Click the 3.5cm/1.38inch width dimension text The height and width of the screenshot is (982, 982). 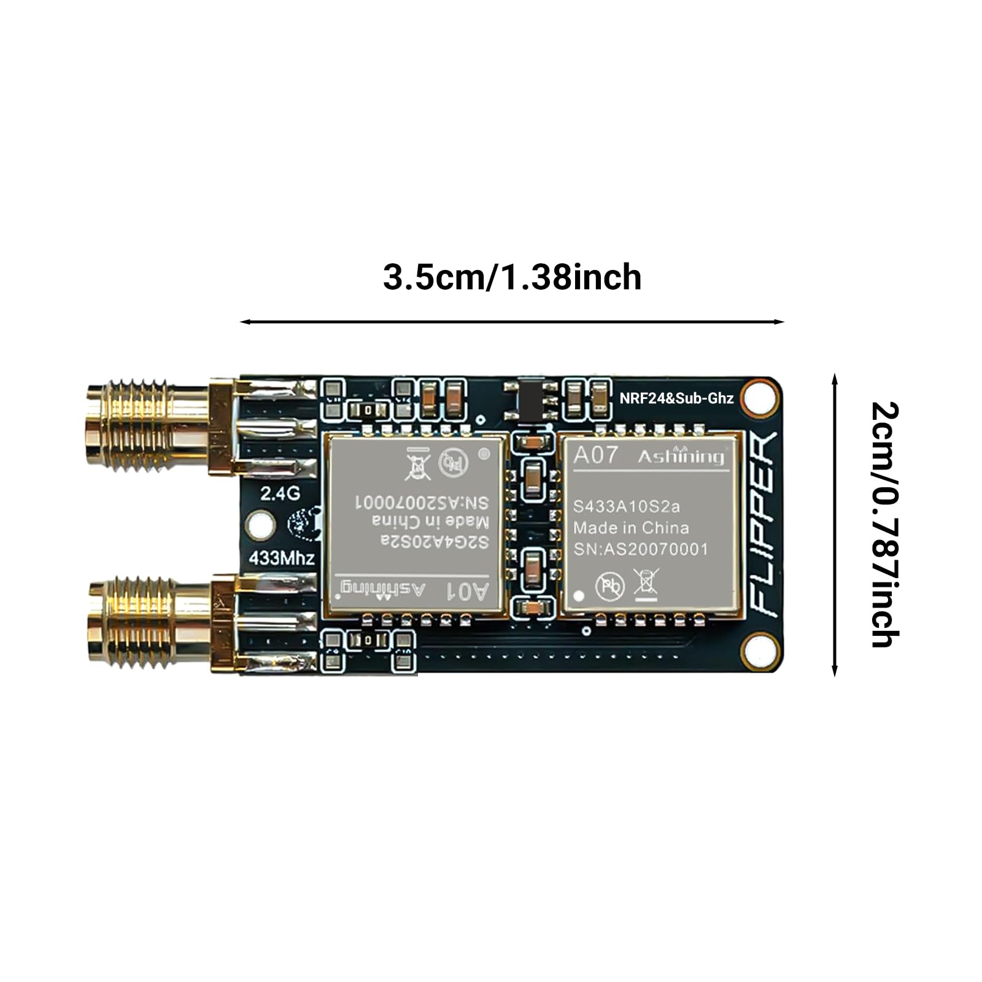(512, 277)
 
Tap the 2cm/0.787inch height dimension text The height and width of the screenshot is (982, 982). (884, 524)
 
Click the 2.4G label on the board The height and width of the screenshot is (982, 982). (280, 493)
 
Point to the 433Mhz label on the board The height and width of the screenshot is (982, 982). (281, 558)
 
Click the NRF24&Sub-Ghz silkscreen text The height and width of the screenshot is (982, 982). (676, 398)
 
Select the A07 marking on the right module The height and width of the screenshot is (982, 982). (595, 455)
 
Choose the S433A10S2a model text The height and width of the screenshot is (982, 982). (626, 507)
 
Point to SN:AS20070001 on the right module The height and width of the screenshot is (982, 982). (640, 549)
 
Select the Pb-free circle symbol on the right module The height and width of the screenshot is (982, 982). (609, 586)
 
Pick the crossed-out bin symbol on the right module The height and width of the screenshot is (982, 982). (646, 582)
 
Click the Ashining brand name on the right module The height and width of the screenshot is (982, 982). (680, 456)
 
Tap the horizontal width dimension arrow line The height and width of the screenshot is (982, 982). (512, 322)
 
